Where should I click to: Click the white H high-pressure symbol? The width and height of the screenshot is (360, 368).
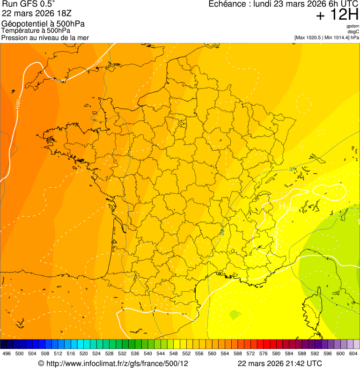tap(282, 206)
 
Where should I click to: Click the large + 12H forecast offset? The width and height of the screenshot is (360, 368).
tap(337, 15)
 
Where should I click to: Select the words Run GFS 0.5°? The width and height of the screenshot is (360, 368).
tap(29, 5)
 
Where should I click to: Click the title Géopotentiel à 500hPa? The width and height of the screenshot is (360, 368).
tap(43, 24)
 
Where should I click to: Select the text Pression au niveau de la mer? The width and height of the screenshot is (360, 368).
tap(45, 37)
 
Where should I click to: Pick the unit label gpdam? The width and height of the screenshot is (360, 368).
tap(353, 26)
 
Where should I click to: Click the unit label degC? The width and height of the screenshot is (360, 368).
tap(353, 31)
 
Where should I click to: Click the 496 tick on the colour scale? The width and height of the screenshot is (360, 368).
tap(7, 353)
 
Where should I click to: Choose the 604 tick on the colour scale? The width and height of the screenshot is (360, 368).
tap(353, 353)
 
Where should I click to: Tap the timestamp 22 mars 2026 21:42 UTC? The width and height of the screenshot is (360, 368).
tap(279, 363)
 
